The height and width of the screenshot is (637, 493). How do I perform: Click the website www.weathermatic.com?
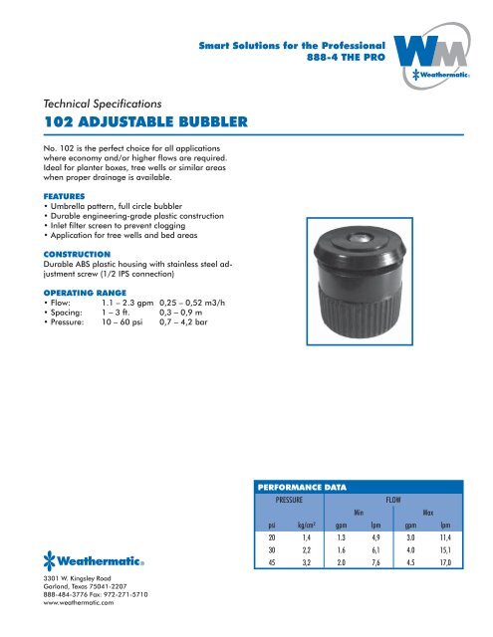click(60, 603)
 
